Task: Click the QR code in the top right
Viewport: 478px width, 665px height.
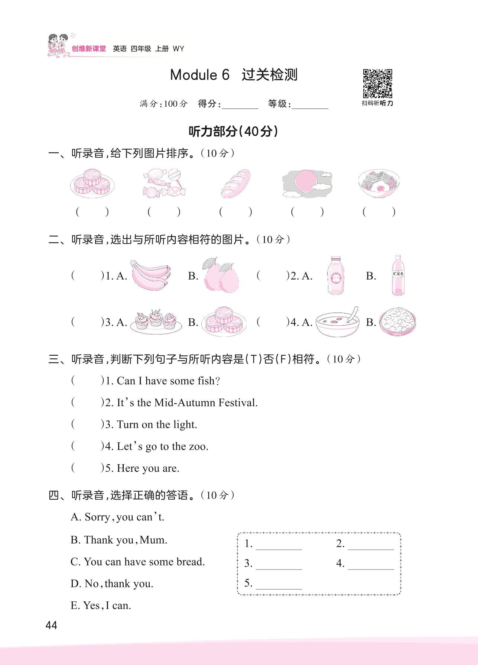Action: [377, 83]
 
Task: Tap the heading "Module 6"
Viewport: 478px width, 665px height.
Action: [200, 75]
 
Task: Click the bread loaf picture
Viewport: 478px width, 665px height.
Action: [235, 183]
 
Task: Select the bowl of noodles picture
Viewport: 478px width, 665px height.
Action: [379, 184]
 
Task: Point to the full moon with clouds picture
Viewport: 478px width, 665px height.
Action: [307, 183]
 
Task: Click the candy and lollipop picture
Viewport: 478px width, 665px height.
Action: [164, 183]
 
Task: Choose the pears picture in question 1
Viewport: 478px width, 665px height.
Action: [220, 275]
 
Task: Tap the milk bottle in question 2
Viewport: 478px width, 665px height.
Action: [336, 275]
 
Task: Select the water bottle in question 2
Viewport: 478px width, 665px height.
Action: [398, 275]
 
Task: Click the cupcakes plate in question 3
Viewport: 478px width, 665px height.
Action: [156, 322]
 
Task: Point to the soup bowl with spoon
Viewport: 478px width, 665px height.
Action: [338, 322]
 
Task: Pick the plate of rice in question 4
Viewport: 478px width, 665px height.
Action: [397, 322]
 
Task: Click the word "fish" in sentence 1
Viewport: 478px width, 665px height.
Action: [206, 381]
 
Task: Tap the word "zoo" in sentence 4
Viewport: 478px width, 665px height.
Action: [198, 446]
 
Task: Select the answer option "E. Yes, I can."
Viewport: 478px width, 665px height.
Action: [101, 606]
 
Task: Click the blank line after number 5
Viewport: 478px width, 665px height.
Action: [279, 584]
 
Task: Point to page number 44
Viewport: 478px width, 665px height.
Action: [51, 625]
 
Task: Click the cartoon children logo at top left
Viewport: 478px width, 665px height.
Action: [58, 45]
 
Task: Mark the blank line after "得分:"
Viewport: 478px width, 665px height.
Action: [240, 105]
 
